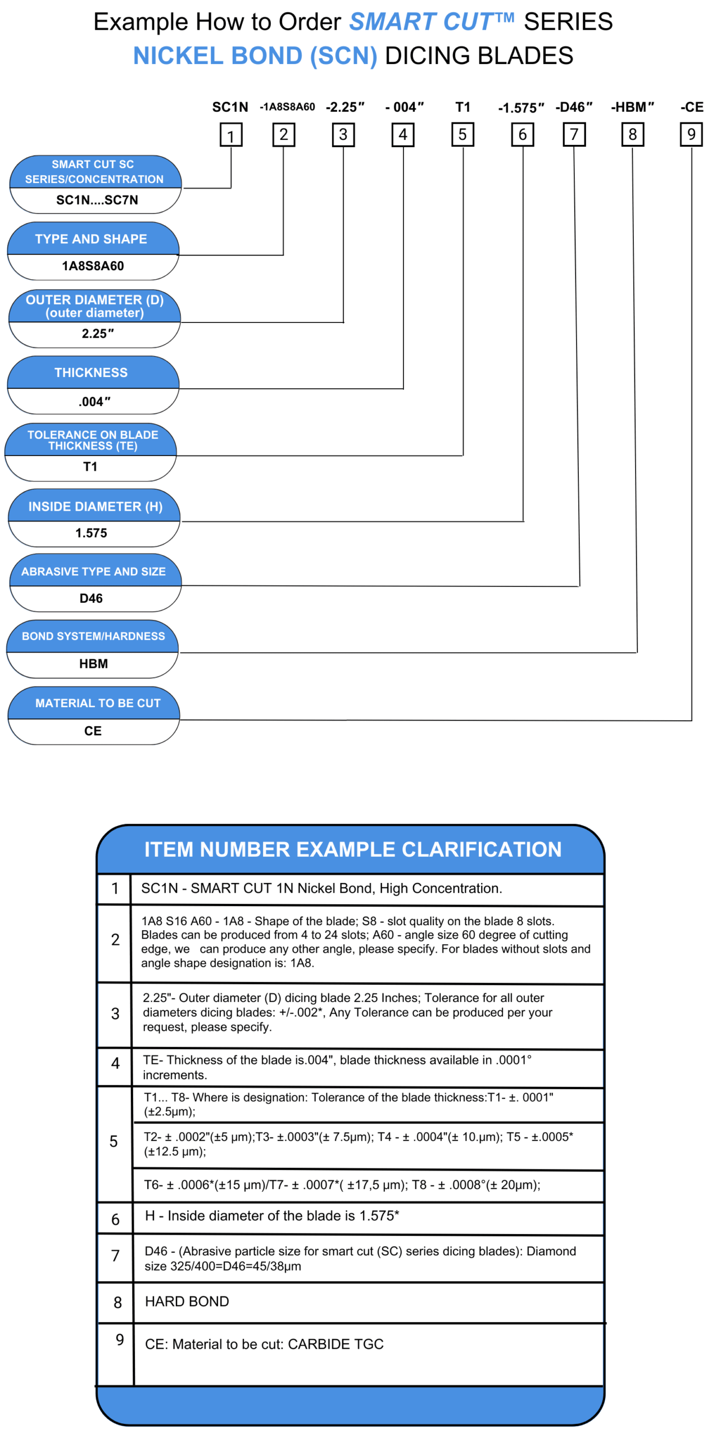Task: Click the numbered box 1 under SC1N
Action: pyautogui.click(x=230, y=135)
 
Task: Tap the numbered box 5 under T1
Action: pyautogui.click(x=462, y=135)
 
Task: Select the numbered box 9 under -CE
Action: pyautogui.click(x=691, y=135)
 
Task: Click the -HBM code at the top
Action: pyautogui.click(x=632, y=107)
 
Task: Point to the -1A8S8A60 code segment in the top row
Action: pyautogui.click(x=287, y=107)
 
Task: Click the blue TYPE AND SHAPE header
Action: pyautogui.click(x=91, y=239)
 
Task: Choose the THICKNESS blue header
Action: pyautogui.click(x=91, y=372)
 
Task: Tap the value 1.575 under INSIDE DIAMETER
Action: pyautogui.click(x=91, y=533)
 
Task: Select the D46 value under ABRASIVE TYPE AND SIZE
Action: pyautogui.click(x=91, y=598)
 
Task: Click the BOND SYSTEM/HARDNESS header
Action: pyautogui.click(x=93, y=636)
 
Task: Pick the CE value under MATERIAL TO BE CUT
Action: pyautogui.click(x=93, y=730)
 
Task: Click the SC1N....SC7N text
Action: pyautogui.click(x=97, y=200)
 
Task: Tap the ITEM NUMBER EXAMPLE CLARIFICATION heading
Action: pyautogui.click(x=353, y=849)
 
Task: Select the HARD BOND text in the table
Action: pyautogui.click(x=187, y=1301)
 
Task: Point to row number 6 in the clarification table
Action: pyautogui.click(x=115, y=1219)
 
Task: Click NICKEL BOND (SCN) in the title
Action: pyautogui.click(x=255, y=56)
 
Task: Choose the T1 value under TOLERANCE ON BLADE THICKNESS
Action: pyautogui.click(x=90, y=466)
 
